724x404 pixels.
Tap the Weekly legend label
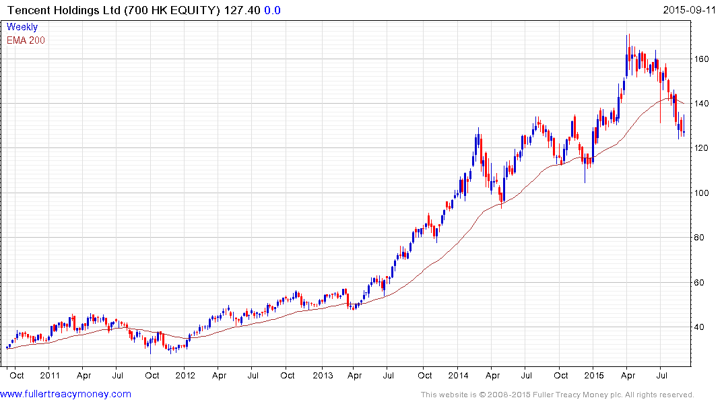[22, 27]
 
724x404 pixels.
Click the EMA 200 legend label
[26, 40]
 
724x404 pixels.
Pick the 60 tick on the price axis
[702, 282]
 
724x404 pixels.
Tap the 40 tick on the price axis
[702, 327]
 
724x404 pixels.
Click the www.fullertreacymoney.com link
[66, 394]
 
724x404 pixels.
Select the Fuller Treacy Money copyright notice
[557, 395]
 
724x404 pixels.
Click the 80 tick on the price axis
[702, 237]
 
